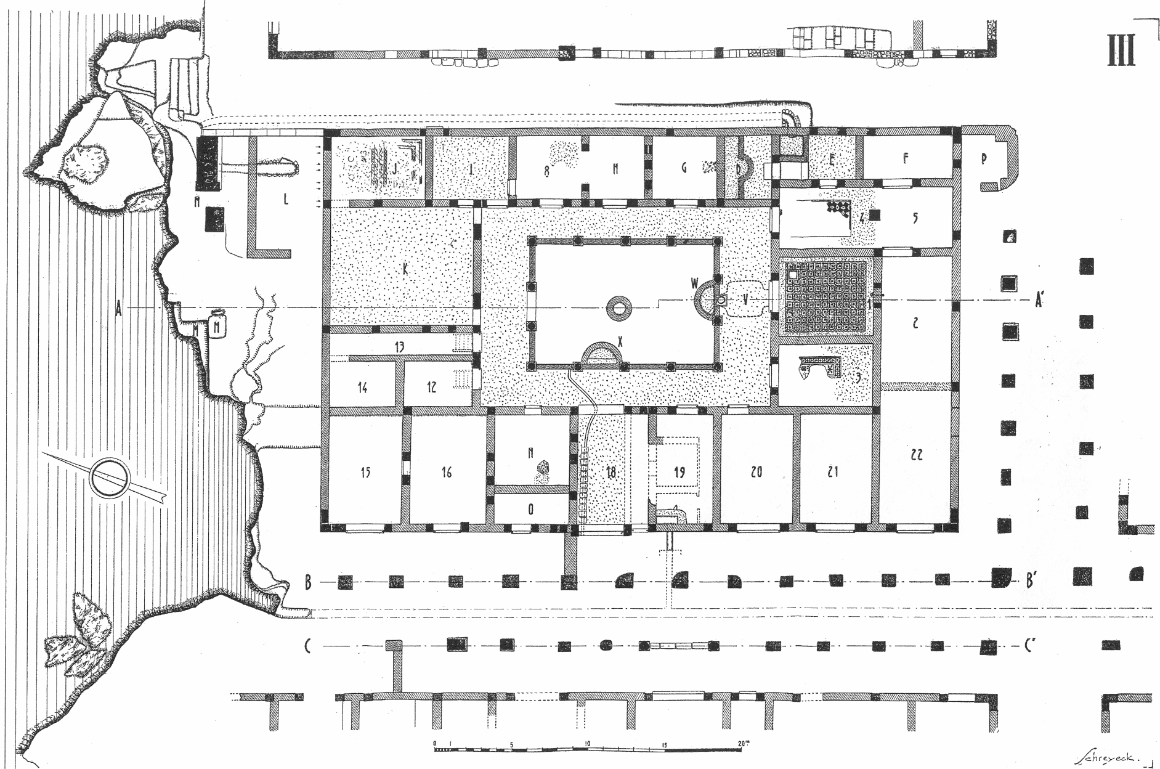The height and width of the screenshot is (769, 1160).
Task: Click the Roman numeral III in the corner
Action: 1121,51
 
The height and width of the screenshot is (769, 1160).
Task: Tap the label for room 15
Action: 366,473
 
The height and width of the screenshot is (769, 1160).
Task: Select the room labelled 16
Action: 447,473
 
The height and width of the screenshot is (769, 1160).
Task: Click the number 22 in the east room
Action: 916,455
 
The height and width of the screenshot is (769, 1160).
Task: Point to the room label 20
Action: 756,472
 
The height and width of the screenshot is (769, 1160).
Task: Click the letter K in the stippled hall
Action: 405,269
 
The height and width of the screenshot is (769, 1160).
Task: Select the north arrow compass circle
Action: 110,476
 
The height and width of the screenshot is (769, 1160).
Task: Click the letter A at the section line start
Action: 120,310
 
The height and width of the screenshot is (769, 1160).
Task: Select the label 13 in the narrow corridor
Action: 399,347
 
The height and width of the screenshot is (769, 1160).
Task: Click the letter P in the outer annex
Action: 984,159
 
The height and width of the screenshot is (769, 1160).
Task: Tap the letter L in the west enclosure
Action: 285,199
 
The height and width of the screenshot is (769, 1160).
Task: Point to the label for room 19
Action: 679,473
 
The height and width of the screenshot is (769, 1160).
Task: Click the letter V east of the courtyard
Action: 746,300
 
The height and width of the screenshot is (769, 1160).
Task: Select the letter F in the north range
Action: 906,158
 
